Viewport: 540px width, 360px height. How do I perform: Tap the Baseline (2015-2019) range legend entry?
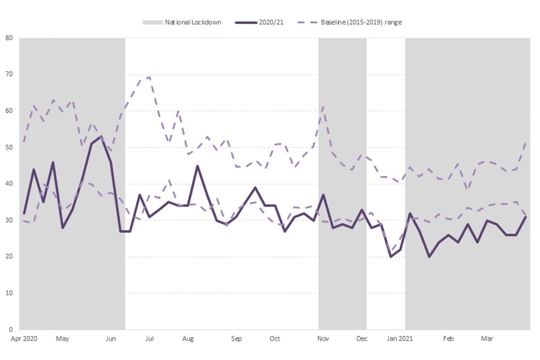361,22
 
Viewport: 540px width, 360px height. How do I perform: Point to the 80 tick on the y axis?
10,38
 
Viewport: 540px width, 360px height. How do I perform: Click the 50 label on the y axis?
10,147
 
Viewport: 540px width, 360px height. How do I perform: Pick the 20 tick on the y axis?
10,256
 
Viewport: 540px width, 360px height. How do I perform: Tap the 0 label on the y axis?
11,330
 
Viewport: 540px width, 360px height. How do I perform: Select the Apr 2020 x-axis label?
23,339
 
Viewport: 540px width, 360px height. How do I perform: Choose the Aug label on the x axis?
188,339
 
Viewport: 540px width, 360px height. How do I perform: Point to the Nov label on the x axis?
323,339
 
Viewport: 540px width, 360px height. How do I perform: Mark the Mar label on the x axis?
487,339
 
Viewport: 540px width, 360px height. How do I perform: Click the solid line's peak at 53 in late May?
101,136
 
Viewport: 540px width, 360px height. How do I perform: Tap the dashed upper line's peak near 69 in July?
149,77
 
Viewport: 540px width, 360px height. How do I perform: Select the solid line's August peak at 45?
197,166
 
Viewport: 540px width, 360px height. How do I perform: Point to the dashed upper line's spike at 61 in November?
323,107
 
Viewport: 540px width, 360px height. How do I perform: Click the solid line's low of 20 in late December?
391,256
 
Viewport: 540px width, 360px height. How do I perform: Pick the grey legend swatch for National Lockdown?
151,22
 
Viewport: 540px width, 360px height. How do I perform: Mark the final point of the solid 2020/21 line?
525,217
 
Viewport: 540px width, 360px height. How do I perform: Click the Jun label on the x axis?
111,339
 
